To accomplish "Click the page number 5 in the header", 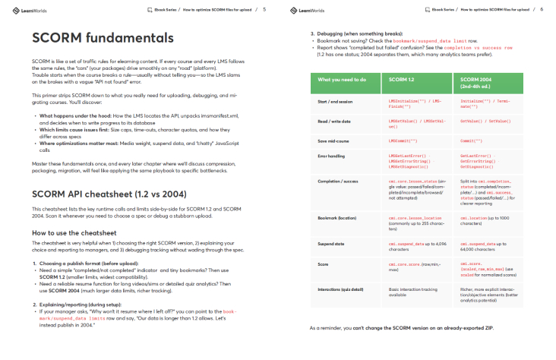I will (264, 9).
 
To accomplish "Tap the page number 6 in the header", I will (542, 9).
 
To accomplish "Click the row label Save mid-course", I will (334, 141).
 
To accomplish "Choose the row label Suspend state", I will (332, 245).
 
